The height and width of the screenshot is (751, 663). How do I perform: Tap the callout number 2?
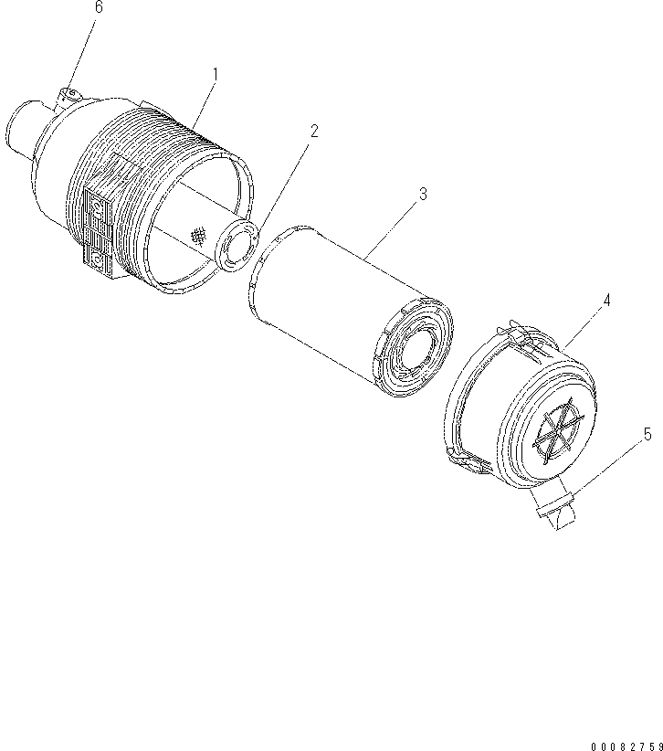click(313, 131)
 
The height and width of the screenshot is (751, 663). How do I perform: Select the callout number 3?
click(422, 194)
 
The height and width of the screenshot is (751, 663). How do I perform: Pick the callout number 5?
click(647, 434)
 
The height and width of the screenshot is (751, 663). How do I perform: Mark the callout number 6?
click(99, 7)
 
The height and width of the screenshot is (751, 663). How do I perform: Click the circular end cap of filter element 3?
click(416, 349)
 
